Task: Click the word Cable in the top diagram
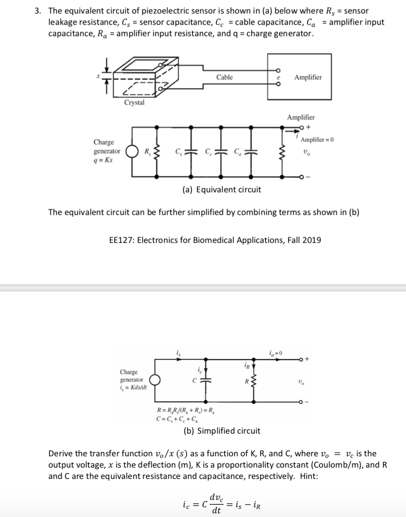tap(224, 77)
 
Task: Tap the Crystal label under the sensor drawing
tap(134, 102)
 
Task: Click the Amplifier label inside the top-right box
tap(308, 77)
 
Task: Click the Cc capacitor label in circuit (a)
tap(208, 153)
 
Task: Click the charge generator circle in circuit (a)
tap(130, 152)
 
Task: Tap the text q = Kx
tap(103, 159)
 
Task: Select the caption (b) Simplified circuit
tap(222, 430)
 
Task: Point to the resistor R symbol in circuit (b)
tap(254, 381)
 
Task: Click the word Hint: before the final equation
tap(309, 476)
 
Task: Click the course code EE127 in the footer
tap(122, 240)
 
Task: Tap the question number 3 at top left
tap(37, 11)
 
